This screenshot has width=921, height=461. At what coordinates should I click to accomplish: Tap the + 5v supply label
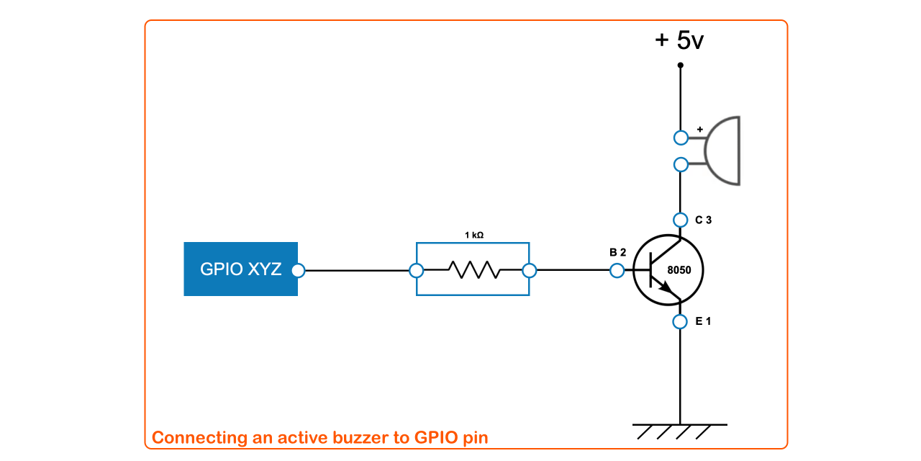679,40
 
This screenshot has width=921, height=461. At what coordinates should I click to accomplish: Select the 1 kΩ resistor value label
473,235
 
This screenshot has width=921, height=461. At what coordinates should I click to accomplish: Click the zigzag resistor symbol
473,270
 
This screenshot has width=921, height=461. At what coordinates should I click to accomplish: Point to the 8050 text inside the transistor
679,271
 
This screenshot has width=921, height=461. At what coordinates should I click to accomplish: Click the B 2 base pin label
617,252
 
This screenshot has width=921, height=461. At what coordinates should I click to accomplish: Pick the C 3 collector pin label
703,220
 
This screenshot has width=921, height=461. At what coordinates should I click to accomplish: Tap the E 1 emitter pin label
703,321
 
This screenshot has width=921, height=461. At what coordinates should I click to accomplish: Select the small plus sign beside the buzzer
699,130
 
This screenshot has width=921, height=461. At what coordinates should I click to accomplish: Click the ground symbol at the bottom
680,431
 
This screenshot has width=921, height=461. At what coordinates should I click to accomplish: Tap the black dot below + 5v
680,66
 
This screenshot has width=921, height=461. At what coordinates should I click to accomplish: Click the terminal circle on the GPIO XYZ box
298,271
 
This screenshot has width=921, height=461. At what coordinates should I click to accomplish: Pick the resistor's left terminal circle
416,271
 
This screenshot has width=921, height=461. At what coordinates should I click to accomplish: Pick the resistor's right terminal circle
530,271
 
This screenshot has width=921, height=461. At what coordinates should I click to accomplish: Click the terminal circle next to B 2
617,271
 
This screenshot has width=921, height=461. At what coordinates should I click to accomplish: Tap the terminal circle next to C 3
680,220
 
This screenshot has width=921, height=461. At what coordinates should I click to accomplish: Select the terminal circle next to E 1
680,321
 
